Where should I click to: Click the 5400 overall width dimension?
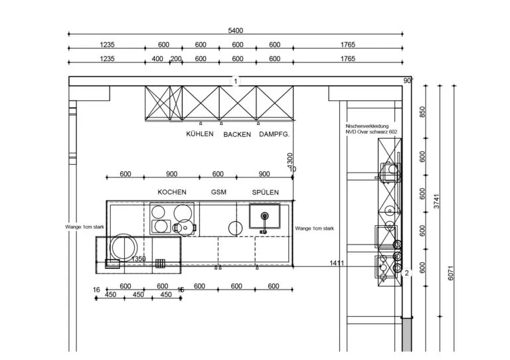(x=236, y=31)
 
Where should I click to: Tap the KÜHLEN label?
(x=200, y=134)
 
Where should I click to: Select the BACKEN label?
(x=237, y=134)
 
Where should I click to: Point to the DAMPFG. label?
(x=274, y=134)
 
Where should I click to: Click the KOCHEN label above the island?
(x=172, y=192)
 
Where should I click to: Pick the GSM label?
(x=218, y=192)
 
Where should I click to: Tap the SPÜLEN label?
(x=266, y=192)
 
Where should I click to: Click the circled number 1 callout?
(x=236, y=81)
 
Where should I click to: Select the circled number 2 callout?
(x=406, y=273)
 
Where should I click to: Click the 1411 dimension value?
(x=337, y=263)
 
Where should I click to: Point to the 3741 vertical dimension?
(x=436, y=201)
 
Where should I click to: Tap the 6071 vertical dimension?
(x=450, y=273)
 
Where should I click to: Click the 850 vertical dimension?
(x=422, y=112)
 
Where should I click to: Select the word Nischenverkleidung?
(x=367, y=126)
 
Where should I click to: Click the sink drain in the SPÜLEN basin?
(x=265, y=215)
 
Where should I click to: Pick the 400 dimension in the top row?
(x=157, y=59)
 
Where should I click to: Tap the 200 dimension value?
(x=176, y=59)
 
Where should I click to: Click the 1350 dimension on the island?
(x=139, y=259)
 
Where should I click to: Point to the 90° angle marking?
(x=408, y=80)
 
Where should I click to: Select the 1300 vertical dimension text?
(x=290, y=160)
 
